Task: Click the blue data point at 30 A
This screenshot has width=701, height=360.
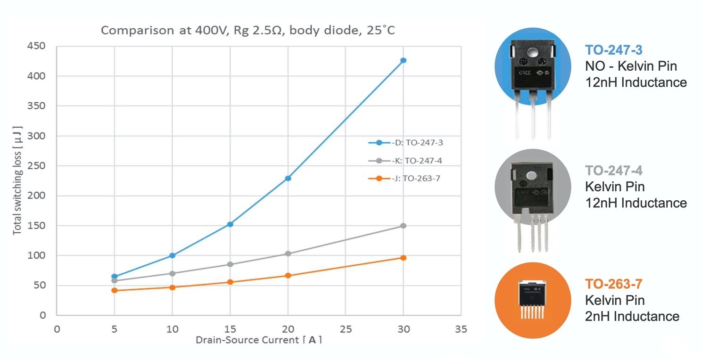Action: (403, 60)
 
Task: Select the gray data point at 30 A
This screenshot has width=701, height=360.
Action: (403, 226)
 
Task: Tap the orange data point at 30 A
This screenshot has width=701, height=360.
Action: (403, 258)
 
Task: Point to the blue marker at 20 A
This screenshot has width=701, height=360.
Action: (288, 178)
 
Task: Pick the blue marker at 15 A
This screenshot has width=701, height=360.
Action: (230, 224)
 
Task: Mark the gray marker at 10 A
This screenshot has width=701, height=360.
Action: (173, 273)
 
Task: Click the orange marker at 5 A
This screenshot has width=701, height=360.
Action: (115, 290)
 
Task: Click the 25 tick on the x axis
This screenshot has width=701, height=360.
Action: (346, 329)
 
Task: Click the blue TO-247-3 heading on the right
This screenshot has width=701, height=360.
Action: (614, 50)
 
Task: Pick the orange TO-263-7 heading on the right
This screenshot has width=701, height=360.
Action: (614, 284)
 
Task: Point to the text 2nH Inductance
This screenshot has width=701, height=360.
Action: (632, 316)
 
